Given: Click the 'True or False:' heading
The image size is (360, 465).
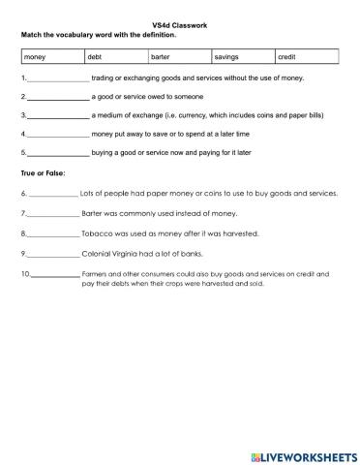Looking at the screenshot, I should [x=41, y=171].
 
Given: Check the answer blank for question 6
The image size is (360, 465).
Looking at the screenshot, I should [x=53, y=194].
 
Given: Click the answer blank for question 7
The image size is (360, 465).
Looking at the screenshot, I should [x=53, y=214].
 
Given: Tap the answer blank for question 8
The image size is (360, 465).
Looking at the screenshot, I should [x=53, y=234].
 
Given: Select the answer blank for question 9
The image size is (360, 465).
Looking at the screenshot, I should [x=53, y=255].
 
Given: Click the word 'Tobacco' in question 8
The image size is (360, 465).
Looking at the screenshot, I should [x=101, y=233].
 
